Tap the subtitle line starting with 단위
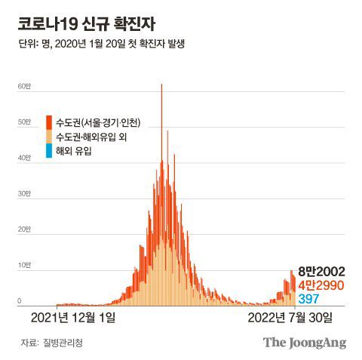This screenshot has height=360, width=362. coord(102,43)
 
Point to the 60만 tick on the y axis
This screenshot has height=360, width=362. coord(24,88)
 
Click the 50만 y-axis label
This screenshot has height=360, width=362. coord(24,123)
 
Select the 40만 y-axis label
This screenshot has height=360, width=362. coord(24,158)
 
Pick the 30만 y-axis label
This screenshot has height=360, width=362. coord(24,195)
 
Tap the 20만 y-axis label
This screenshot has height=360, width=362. coord(24,230)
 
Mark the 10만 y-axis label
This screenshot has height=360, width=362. coord(24,266)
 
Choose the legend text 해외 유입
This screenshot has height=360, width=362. coord(75,151)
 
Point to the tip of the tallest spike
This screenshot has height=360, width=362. coord(161,85)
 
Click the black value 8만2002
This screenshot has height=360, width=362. coord(322,270)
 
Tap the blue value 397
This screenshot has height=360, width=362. coord(310,300)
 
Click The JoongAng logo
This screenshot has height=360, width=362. coord(304,343)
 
